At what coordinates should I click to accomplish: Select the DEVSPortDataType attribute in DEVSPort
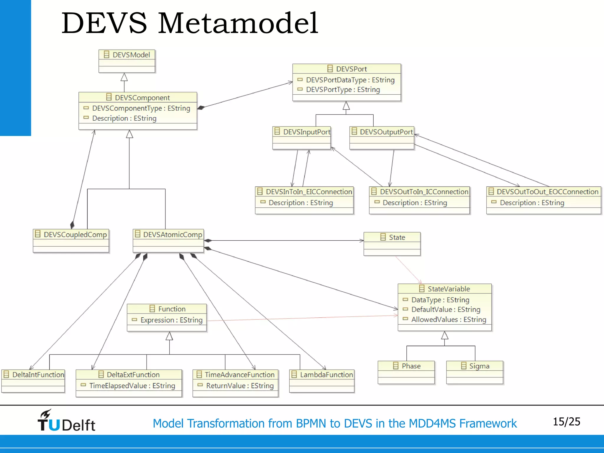[x=350, y=80]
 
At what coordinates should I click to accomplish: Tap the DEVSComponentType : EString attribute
[x=141, y=108]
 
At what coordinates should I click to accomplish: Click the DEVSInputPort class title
[x=306, y=132]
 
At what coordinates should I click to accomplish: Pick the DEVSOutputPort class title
[x=386, y=132]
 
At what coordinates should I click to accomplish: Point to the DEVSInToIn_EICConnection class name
[x=309, y=192]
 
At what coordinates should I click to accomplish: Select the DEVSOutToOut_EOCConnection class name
[x=547, y=192]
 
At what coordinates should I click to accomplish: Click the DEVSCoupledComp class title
[x=75, y=234]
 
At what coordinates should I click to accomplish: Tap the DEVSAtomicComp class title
[x=173, y=234]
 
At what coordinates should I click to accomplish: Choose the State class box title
[x=397, y=237]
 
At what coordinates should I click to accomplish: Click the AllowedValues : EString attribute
[x=449, y=319]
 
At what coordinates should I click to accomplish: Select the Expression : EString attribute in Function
[x=171, y=320]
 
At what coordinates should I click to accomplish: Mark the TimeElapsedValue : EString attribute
[x=132, y=386]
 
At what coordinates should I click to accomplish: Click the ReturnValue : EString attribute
[x=240, y=386]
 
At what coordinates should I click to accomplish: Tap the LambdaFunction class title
[x=326, y=375]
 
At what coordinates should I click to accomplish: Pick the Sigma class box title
[x=479, y=366]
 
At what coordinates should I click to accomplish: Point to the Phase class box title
[x=411, y=366]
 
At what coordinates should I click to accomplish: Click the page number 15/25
[x=566, y=422]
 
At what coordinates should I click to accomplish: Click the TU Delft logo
[x=66, y=421]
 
